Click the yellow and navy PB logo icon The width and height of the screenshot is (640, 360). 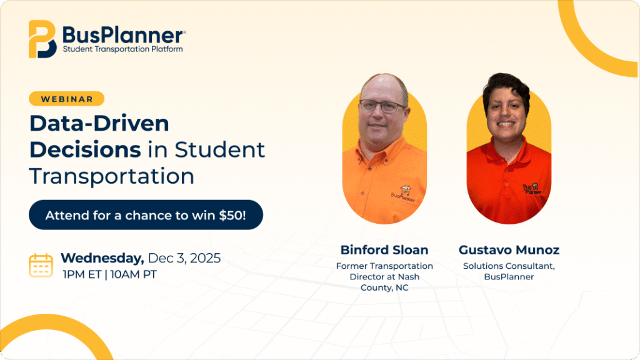tap(42, 39)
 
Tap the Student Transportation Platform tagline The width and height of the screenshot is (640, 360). tap(122, 49)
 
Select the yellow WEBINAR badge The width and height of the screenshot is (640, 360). tap(66, 99)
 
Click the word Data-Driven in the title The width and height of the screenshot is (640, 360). tap(99, 123)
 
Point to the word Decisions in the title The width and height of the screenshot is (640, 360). tap(85, 150)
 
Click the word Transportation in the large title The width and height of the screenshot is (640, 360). tap(111, 176)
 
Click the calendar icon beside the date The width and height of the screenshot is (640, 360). tap(41, 265)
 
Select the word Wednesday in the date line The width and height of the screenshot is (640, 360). tap(102, 258)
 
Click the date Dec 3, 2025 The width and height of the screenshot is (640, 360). tap(184, 258)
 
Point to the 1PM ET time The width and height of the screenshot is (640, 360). tap(82, 274)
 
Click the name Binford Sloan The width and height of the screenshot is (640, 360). tap(384, 250)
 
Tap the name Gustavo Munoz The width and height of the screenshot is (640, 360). tap(509, 250)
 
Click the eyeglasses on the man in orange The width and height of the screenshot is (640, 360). tap(383, 106)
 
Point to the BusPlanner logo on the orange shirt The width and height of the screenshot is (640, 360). tap(403, 194)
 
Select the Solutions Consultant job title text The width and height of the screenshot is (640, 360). tap(509, 266)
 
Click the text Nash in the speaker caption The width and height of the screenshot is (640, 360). tap(409, 277)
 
